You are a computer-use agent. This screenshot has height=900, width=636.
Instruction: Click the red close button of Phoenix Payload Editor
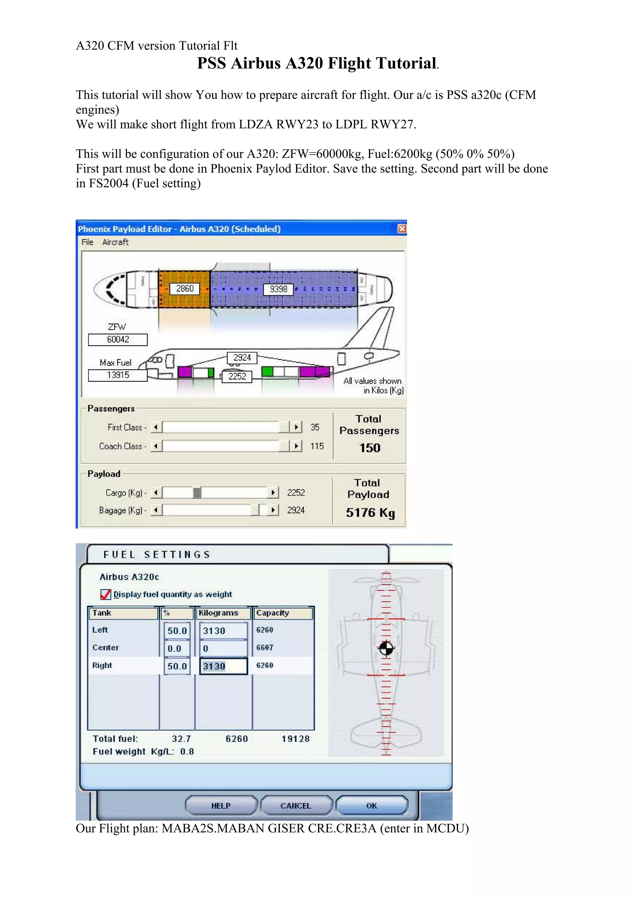pos(402,229)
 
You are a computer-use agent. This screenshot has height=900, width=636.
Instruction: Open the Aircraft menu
pos(115,242)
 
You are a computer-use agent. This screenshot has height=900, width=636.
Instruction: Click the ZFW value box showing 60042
pos(118,339)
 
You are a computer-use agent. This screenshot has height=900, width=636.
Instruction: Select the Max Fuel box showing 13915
pos(118,375)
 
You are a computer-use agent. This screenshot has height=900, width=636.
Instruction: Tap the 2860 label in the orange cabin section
pos(184,289)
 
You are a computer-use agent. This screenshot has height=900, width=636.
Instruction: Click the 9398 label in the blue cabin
pos(278,289)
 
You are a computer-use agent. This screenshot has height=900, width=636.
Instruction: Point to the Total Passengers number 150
pos(370,448)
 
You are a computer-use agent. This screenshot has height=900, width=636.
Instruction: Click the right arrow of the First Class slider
pos(296,427)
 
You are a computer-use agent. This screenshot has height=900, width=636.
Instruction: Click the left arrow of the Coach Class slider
pos(156,446)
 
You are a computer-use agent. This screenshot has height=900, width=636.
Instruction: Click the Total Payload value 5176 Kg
pos(370,513)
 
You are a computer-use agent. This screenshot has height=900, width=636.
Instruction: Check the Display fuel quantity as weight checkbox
pos(105,595)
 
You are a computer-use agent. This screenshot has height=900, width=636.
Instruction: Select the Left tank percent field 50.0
pos(177,631)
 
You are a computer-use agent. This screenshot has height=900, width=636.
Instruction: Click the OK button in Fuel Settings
pos(371,806)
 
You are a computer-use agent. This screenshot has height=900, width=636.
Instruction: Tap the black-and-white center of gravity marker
pos(386,648)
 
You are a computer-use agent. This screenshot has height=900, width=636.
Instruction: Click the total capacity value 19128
pos(295,739)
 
